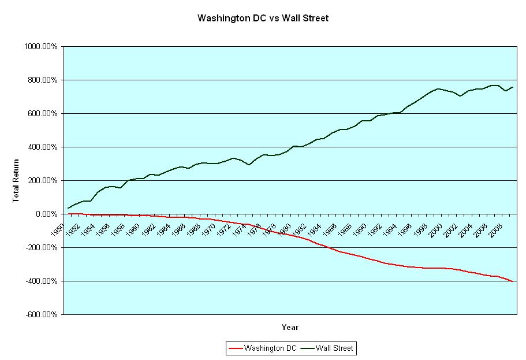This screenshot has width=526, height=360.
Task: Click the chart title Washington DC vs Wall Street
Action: click(x=263, y=18)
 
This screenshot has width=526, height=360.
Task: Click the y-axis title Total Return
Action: click(x=16, y=180)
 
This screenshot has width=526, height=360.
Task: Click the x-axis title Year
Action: click(x=290, y=328)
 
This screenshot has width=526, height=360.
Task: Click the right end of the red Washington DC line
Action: click(x=513, y=281)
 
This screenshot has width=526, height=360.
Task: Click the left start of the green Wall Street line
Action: click(x=69, y=208)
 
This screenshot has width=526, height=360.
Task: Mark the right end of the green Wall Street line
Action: click(x=513, y=87)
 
